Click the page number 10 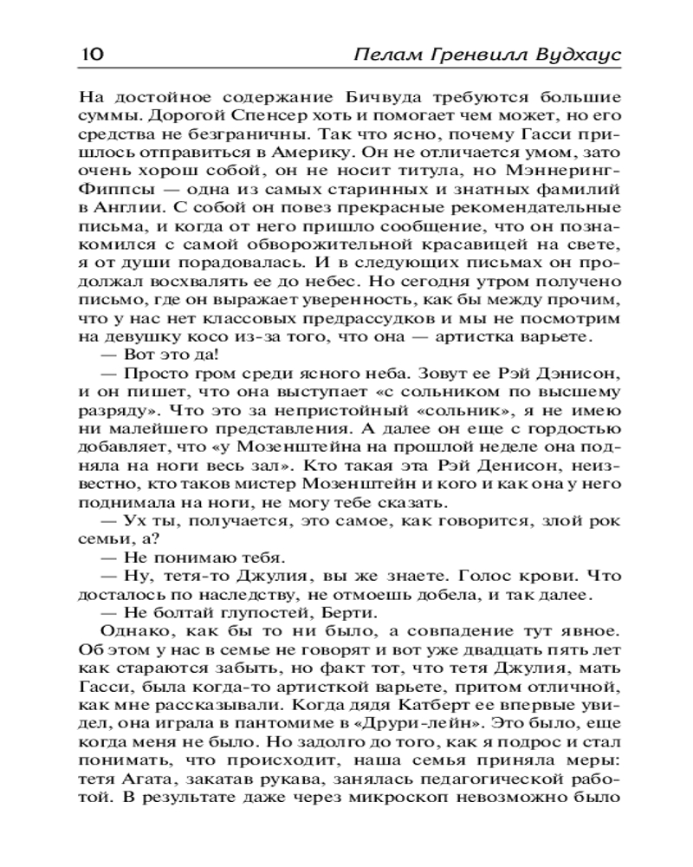pyautogui.click(x=91, y=55)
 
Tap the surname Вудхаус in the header pyautogui.click(x=573, y=55)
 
